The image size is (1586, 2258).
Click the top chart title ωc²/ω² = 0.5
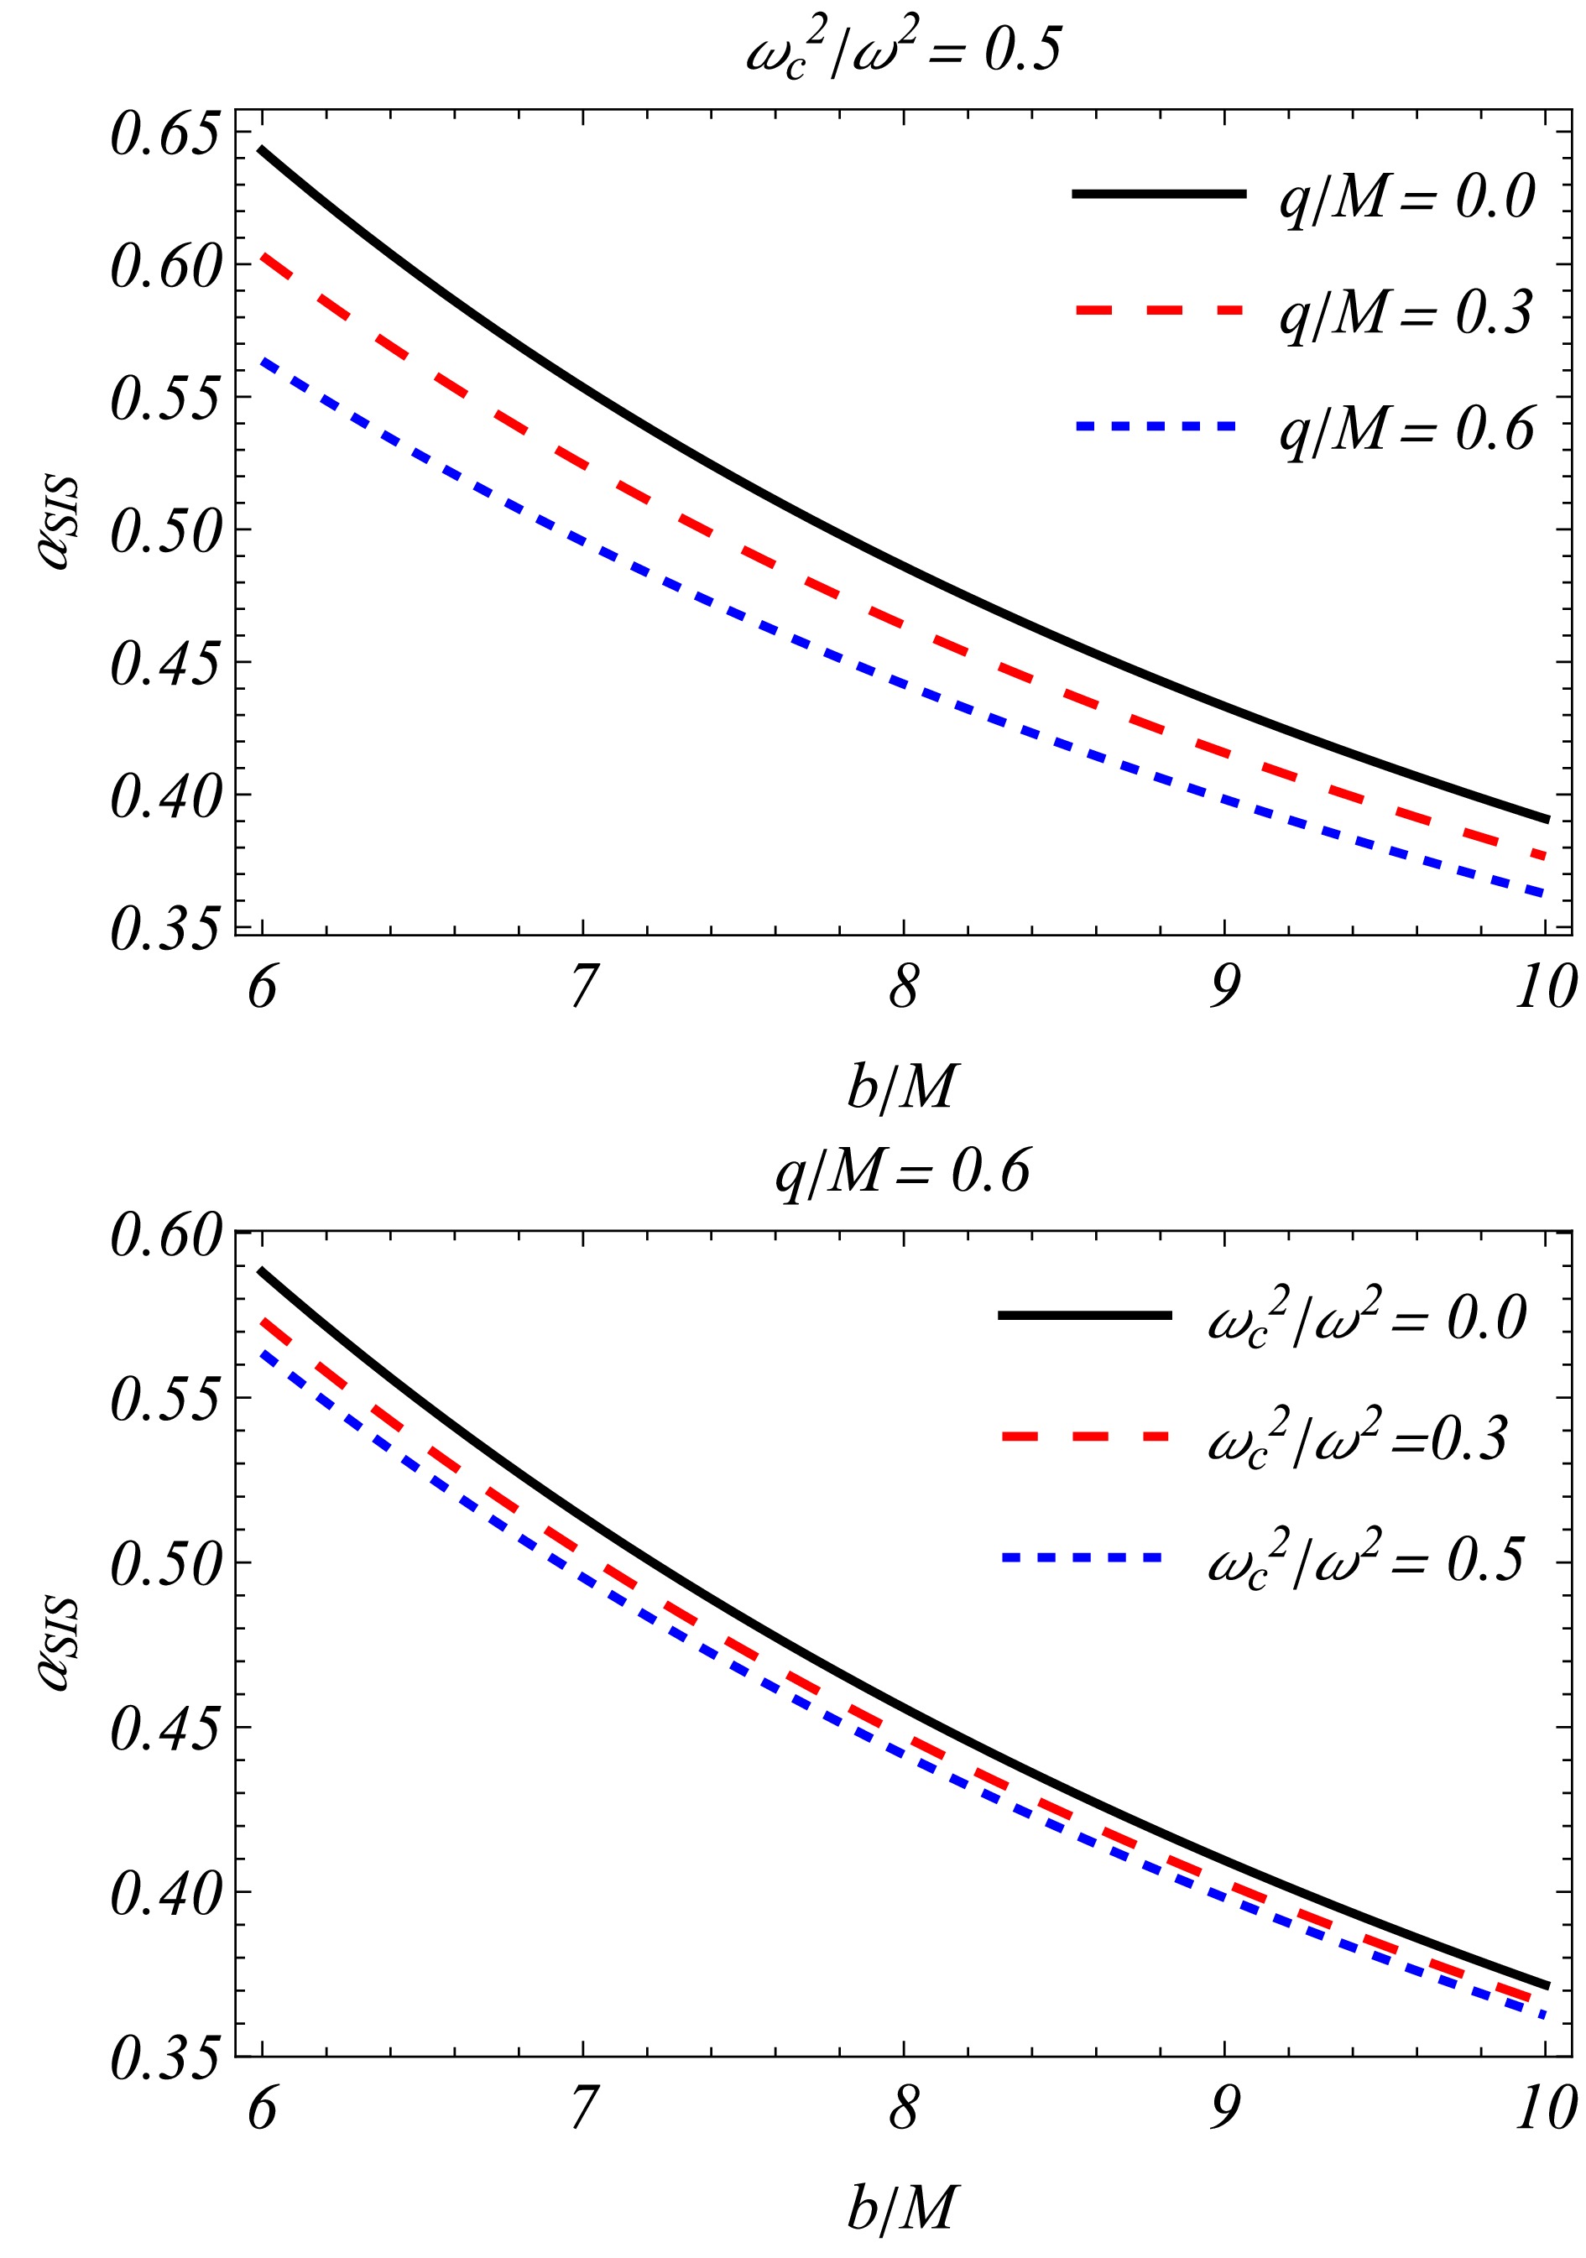point(903,50)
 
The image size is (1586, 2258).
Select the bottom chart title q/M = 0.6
point(903,1171)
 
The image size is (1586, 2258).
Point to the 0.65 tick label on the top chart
point(164,135)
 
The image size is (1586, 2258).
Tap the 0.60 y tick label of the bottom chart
point(164,1235)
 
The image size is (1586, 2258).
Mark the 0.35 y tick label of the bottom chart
point(164,2059)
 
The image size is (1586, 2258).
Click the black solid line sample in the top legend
point(1158,195)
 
